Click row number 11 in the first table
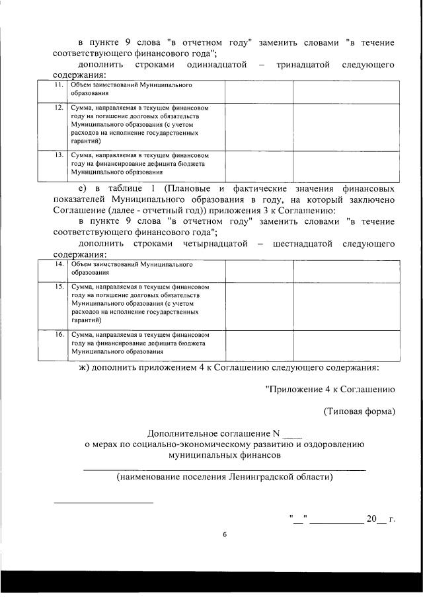[x=59, y=86]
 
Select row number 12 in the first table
[x=59, y=107]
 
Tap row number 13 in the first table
[x=59, y=155]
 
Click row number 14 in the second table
[x=59, y=264]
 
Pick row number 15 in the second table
[x=59, y=287]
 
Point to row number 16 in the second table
[x=59, y=335]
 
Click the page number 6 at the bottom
[x=224, y=535]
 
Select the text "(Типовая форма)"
[x=359, y=412]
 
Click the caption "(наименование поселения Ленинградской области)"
[x=224, y=477]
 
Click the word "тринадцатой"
[x=302, y=65]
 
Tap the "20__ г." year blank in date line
[x=381, y=519]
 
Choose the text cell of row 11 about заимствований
[x=145, y=90]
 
